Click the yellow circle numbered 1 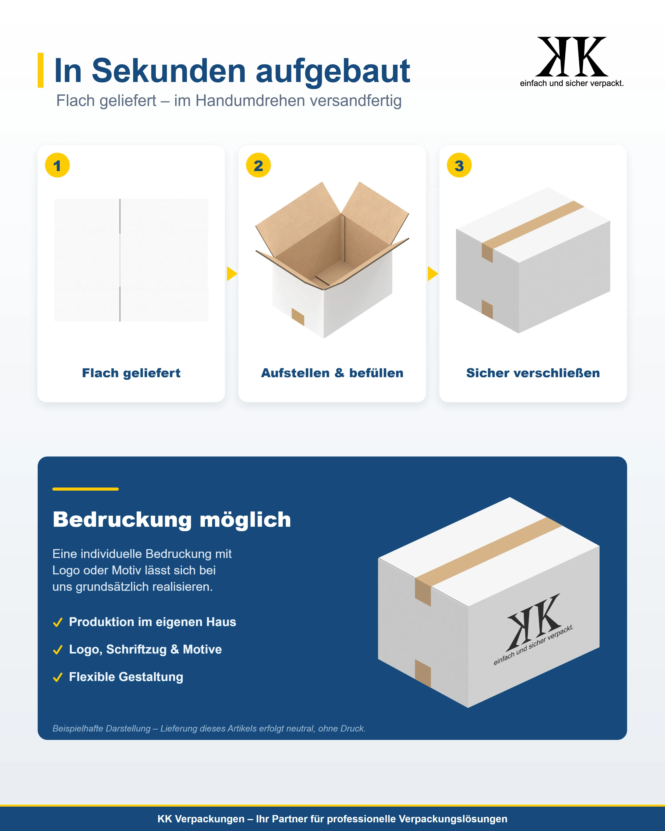(57, 165)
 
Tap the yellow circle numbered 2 (258, 165)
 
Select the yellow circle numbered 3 (459, 165)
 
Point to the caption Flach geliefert (131, 373)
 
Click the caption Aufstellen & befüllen (332, 373)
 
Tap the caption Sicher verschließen (533, 373)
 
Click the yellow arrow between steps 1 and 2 (232, 274)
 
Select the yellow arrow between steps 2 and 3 (432, 274)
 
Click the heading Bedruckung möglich (172, 520)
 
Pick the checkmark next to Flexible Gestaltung (58, 677)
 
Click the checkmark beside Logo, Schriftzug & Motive (58, 650)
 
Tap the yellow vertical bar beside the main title (41, 70)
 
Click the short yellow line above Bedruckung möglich (86, 489)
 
